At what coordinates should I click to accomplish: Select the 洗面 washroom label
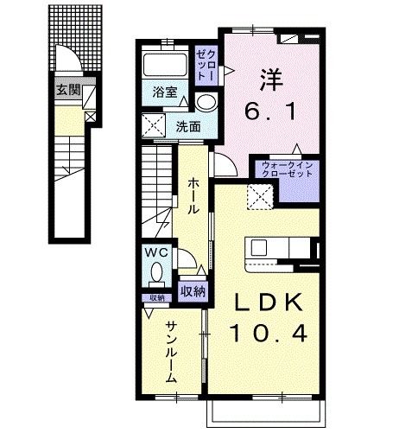click(x=188, y=126)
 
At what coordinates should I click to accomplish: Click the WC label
click(x=155, y=254)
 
